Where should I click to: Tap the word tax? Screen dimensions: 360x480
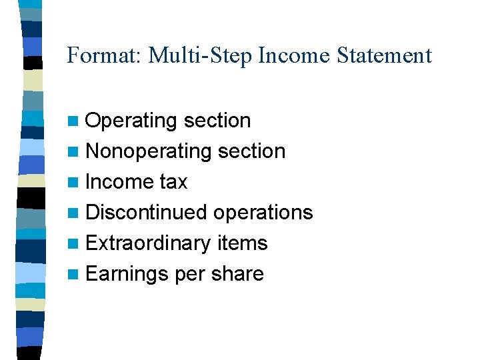coord(174,182)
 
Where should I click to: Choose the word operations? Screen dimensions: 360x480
coord(263,213)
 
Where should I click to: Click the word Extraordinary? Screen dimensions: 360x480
coord(149,243)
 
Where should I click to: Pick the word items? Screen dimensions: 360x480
coord(243,243)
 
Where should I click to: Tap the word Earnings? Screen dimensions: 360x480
coord(127,274)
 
